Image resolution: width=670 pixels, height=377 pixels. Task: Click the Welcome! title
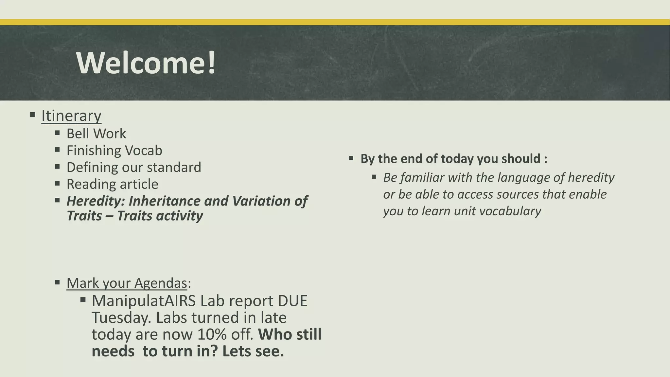146,63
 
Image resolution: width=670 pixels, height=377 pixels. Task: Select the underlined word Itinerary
71,116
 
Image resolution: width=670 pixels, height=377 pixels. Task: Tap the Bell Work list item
96,134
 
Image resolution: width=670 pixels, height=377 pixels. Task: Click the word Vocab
144,151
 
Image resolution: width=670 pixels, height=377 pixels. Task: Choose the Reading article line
112,184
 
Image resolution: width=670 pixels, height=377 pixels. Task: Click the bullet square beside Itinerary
32,115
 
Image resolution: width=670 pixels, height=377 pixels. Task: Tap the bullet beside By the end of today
351,158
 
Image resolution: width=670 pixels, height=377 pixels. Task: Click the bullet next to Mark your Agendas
57,282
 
